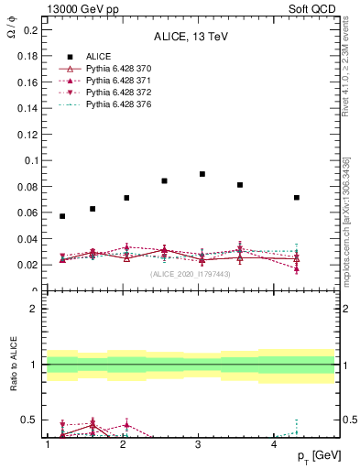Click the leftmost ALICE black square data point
point(62,216)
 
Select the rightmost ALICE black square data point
point(297,198)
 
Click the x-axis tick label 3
point(199,445)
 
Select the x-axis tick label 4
point(275,445)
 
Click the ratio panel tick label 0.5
point(31,420)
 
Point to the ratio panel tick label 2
point(35,309)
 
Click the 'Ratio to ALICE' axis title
point(13,366)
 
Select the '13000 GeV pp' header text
point(76,7)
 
